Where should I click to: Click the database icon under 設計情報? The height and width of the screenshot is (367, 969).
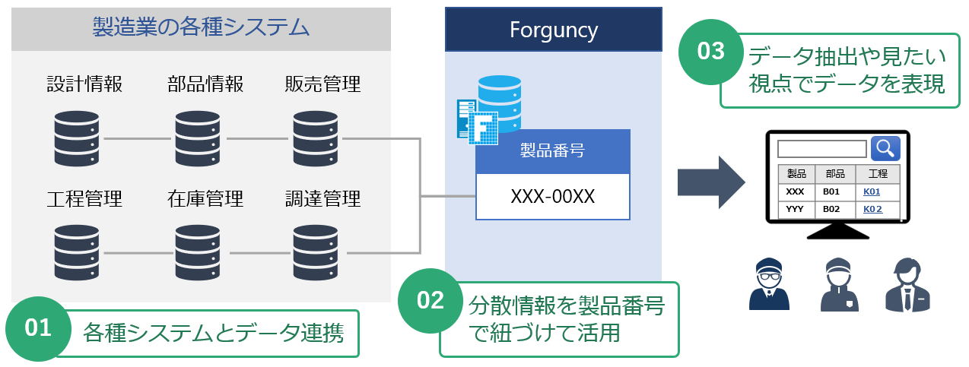[77, 138]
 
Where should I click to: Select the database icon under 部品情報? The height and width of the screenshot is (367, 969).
[197, 138]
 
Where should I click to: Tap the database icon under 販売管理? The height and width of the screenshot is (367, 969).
[316, 138]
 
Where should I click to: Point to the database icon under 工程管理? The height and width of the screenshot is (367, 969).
[77, 252]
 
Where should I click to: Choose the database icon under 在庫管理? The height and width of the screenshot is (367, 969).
[197, 252]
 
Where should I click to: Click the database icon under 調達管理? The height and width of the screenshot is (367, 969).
[316, 252]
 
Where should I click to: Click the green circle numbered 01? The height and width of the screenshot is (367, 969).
[37, 328]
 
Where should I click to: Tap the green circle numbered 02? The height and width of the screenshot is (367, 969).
[430, 300]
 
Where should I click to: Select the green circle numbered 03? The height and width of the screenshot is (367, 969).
[711, 52]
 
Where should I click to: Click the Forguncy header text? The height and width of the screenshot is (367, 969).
[553, 30]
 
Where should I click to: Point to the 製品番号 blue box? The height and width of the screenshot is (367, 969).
[553, 151]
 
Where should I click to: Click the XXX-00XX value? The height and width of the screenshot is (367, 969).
[553, 197]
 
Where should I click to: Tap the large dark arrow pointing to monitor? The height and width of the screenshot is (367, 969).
[710, 183]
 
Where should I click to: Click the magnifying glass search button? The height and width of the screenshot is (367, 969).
[885, 147]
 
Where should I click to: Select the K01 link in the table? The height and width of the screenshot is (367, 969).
[872, 191]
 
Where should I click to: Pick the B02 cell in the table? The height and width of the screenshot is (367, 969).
[832, 208]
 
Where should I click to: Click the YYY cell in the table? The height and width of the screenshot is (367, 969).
[795, 208]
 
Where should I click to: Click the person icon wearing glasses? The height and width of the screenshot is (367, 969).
[769, 286]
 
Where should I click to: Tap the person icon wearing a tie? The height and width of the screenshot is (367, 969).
[907, 286]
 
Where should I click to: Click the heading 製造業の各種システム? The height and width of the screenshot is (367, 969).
[201, 28]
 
